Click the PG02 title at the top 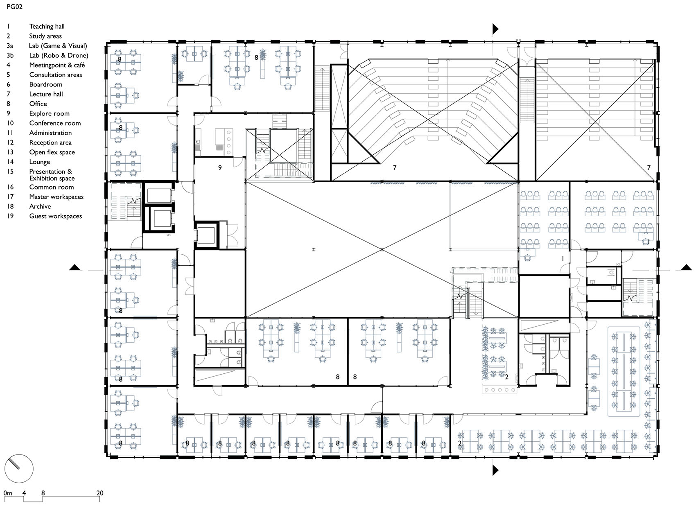point(15,7)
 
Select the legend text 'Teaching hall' point(47,26)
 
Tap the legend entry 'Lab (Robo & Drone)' point(59,55)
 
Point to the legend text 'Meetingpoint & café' point(57,65)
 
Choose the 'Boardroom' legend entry point(46,84)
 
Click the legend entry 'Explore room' point(50,113)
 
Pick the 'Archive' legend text point(40,206)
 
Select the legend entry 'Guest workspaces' point(56,216)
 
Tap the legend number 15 point(10,172)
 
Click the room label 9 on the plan point(220,168)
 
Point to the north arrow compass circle point(19,468)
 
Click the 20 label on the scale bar point(100,493)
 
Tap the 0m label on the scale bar point(8,493)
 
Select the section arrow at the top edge point(495,29)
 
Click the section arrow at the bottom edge point(495,470)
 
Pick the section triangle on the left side point(75,267)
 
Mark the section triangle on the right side point(686,267)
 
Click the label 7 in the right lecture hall point(649,168)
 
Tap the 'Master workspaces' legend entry point(56,197)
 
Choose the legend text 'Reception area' point(50,142)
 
